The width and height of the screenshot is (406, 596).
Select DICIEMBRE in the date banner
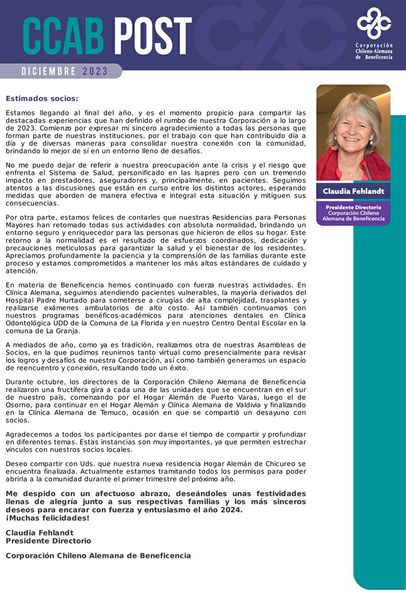pyautogui.click(x=49, y=71)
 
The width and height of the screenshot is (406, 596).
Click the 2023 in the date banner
pyautogui.click(x=95, y=71)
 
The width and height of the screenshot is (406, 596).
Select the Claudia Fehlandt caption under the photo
pyautogui.click(x=353, y=191)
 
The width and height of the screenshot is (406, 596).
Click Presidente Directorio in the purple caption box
pyautogui.click(x=353, y=207)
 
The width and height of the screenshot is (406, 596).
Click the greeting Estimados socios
pyautogui.click(x=42, y=99)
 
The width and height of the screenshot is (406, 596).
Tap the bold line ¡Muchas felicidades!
pyautogui.click(x=48, y=518)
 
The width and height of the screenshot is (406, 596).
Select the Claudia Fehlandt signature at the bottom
pyautogui.click(x=40, y=533)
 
